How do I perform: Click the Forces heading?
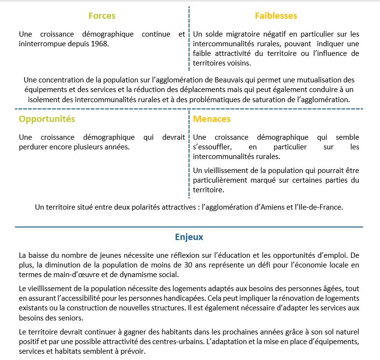tap(102, 16)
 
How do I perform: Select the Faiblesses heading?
tap(276, 16)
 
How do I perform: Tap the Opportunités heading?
tap(47, 119)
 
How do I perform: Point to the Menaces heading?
tap(212, 119)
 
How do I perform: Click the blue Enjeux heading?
tap(189, 237)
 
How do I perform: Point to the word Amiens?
tap(265, 207)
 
